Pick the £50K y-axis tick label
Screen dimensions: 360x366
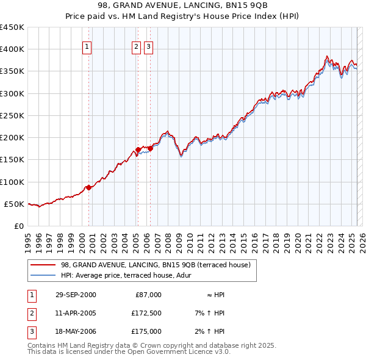coord(14,204)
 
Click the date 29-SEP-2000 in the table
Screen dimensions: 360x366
coord(76,295)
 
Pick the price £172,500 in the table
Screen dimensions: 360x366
coord(146,313)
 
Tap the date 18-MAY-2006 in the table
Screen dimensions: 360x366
coord(76,331)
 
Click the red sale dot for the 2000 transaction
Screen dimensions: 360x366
coord(89,187)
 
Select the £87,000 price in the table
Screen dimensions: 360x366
coord(148,295)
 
